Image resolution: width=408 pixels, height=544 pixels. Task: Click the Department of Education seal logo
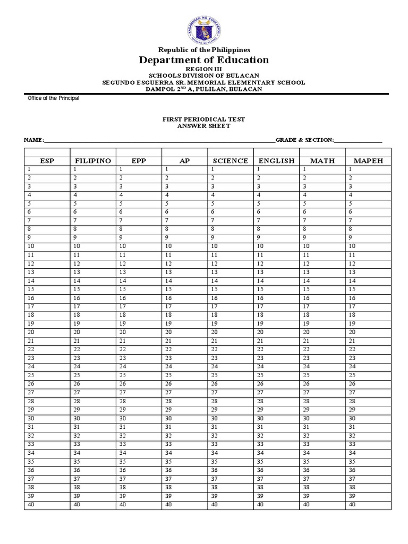pos(204,29)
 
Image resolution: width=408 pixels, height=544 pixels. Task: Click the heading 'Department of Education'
pos(204,60)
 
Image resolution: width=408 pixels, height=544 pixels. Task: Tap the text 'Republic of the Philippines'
pos(204,49)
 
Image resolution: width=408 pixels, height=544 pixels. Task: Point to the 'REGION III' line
pos(204,70)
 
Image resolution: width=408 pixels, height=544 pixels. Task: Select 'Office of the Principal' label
pos(53,98)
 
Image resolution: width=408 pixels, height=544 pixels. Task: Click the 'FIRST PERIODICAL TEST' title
pos(204,120)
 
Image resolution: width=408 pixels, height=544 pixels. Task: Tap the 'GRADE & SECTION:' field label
pos(304,140)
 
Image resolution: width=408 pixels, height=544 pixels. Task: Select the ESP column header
pos(47,160)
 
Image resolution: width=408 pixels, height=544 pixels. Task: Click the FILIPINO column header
pos(93,160)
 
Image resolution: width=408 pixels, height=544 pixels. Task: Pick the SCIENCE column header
pos(230,160)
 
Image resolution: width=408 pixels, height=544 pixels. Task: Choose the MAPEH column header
pos(368,160)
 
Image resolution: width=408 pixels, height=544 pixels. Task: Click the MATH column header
pos(322,160)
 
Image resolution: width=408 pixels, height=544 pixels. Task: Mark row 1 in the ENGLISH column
pos(276,169)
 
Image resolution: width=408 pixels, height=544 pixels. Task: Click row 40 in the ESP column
pos(47,505)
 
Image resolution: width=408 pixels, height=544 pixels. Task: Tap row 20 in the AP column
pos(184,332)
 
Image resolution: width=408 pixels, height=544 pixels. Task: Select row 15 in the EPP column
pos(139,289)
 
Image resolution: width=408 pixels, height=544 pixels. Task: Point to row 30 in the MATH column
pos(322,419)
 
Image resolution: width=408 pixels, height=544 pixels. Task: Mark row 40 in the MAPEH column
pos(368,505)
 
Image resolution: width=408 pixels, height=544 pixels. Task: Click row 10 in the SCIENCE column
pos(230,246)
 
